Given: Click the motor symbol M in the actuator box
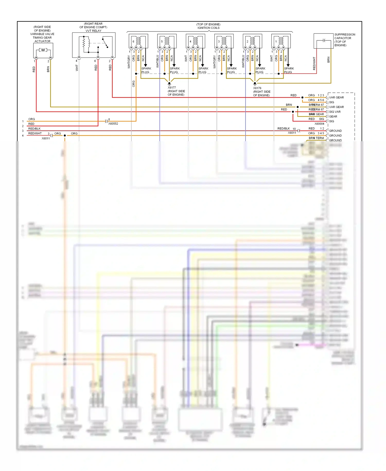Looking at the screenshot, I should pos(43,50).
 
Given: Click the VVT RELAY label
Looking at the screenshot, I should pos(93,31).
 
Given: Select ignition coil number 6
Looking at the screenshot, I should pos(138,41).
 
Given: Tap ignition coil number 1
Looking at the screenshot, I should pos(281,41).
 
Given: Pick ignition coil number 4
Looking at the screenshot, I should pos(195,41).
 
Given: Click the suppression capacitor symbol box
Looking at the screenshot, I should pos(323,41).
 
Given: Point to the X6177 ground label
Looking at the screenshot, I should pos(172,88).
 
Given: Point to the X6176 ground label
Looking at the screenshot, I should pos(257,88).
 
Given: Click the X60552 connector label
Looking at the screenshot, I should pos(113,124).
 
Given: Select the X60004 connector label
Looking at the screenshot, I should pos(319,124).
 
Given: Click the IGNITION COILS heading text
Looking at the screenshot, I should pos(208,28).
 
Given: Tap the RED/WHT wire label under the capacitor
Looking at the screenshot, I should pos(314,63).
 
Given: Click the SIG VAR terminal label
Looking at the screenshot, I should pos(335,112).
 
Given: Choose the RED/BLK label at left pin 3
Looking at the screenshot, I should pos(34,129).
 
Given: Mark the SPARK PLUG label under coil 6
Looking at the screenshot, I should pos(146,70).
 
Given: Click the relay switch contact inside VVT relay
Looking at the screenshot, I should pos(105,43).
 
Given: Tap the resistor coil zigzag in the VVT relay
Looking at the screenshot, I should pos(84,43).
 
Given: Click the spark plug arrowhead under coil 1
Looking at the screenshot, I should pos(288,65).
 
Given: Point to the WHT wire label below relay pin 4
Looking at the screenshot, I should pos(77,68).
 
